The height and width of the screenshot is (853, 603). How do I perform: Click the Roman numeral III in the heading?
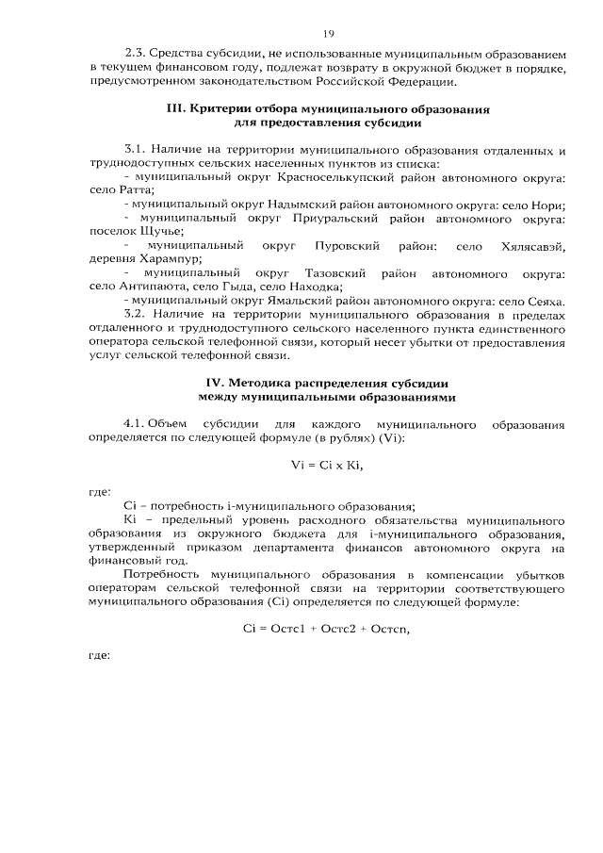(175, 109)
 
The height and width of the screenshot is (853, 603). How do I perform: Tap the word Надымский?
(300, 205)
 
